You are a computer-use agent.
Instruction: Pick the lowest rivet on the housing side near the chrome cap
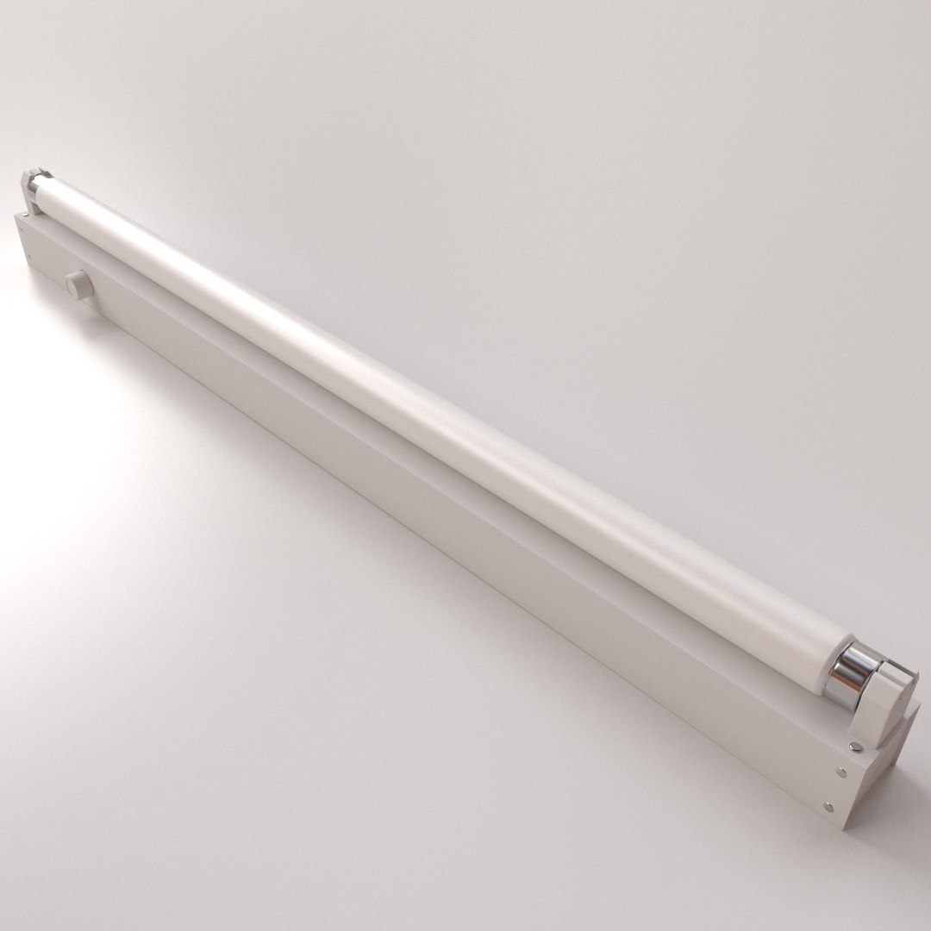point(828,808)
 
